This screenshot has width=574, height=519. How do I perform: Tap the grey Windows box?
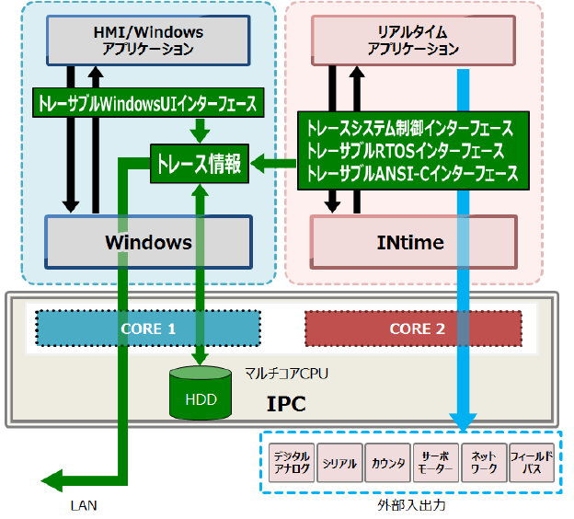(x=148, y=243)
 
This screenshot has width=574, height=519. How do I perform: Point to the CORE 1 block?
(x=148, y=329)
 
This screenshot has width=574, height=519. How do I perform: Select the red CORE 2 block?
(x=413, y=329)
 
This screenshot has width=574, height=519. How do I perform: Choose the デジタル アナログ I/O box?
(x=293, y=463)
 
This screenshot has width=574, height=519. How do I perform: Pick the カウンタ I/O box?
(x=387, y=463)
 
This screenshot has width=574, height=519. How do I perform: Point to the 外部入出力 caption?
(x=407, y=506)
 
